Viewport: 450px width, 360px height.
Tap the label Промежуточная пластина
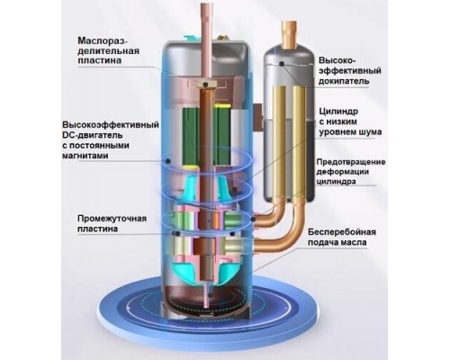[112, 223]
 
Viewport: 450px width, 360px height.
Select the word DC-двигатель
[93, 135]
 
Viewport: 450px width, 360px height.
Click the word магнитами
[85, 156]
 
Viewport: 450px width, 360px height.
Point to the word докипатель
[344, 82]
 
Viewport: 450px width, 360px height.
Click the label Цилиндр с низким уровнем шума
[350, 121]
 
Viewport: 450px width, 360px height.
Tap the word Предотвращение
[351, 162]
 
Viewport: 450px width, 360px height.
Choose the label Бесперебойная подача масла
[342, 237]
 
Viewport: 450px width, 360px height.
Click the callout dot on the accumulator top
[282, 63]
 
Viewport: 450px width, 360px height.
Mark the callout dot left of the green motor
[168, 161]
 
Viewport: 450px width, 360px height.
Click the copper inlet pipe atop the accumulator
[290, 34]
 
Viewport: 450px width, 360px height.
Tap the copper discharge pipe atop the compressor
[206, 42]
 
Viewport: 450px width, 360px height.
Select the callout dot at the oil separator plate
[205, 85]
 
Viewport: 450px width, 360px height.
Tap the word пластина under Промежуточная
[97, 229]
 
